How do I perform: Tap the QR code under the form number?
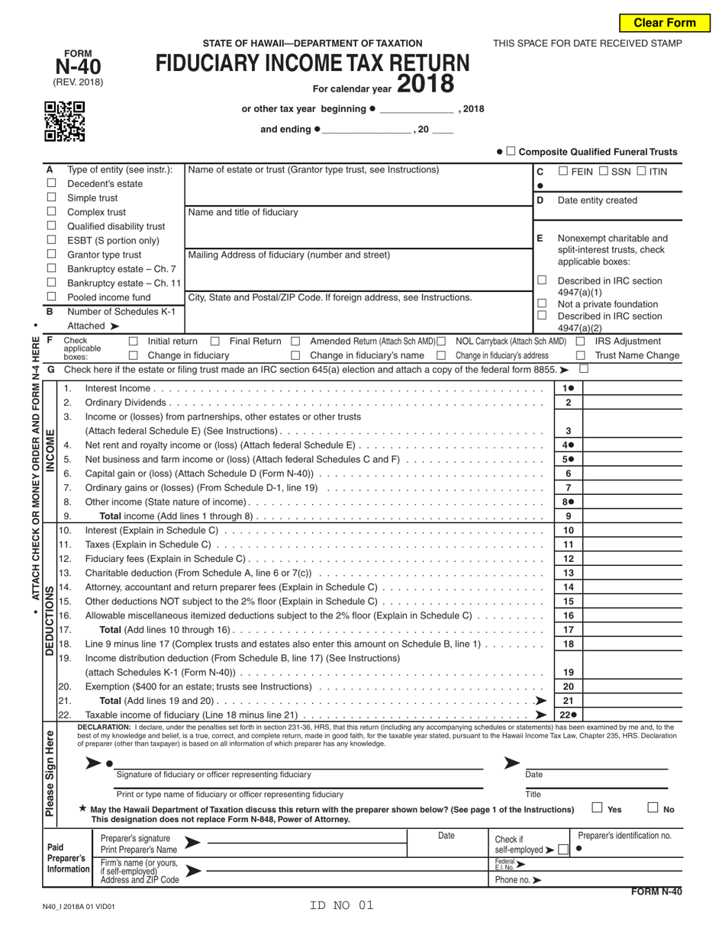64,122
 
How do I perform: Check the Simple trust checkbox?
51,198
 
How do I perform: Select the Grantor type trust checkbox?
51,255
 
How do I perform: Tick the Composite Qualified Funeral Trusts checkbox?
511,152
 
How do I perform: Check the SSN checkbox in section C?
606,172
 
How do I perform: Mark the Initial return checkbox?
134,342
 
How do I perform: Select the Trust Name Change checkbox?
580,355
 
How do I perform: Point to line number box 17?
568,630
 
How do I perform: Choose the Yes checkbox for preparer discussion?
598,808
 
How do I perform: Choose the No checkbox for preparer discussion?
653,808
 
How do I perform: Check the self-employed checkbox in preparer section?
562,850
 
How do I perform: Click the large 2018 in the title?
424,82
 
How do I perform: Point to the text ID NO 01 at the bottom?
342,906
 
